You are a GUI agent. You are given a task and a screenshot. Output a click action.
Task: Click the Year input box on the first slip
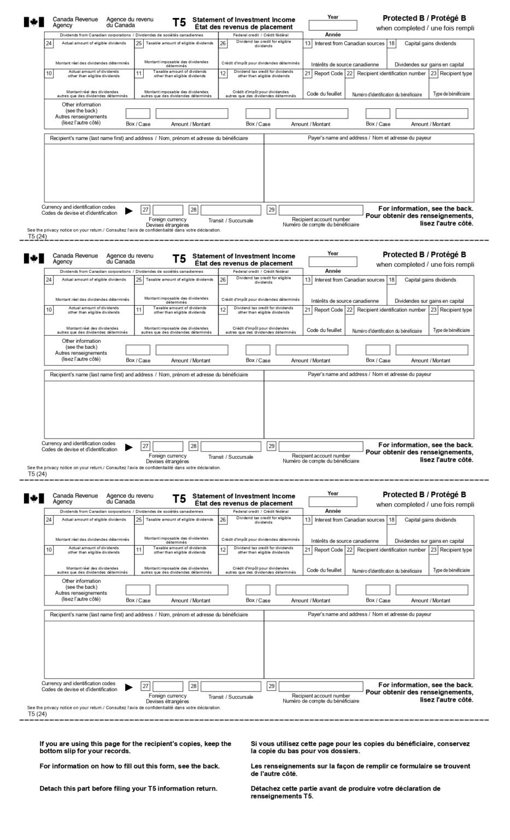pyautogui.click(x=332, y=25)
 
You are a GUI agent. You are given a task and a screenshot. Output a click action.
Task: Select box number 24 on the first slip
pyautogui.click(x=49, y=44)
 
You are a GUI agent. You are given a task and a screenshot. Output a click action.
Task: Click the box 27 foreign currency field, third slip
pyautogui.click(x=168, y=686)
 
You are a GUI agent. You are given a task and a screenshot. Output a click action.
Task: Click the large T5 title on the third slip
pyautogui.click(x=179, y=499)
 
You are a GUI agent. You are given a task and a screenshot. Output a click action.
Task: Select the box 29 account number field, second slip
pyautogui.click(x=321, y=446)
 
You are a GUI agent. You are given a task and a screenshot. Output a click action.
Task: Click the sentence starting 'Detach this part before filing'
pyautogui.click(x=128, y=789)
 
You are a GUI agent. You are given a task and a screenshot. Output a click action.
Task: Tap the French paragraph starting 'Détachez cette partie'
pyautogui.click(x=345, y=792)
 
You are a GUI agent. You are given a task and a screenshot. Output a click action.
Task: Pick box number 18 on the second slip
pyautogui.click(x=392, y=280)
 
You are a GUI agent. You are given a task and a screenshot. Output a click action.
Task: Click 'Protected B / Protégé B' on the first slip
pyautogui.click(x=424, y=18)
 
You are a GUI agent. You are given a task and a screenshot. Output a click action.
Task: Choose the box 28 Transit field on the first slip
pyautogui.click(x=231, y=210)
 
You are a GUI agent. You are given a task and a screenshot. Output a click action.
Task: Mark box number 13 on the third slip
pyautogui.click(x=308, y=520)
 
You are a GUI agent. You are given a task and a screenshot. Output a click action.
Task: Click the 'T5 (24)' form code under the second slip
pyautogui.click(x=38, y=474)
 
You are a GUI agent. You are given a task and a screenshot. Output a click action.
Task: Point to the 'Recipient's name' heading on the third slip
pyautogui.click(x=149, y=615)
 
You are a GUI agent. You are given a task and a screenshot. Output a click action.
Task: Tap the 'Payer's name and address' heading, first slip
pyautogui.click(x=370, y=138)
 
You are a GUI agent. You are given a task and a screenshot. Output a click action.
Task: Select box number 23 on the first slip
pyautogui.click(x=433, y=74)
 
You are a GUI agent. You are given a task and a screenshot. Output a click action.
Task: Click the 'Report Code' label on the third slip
pyautogui.click(x=329, y=550)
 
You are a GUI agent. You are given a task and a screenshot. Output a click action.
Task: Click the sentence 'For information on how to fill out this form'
pyautogui.click(x=130, y=766)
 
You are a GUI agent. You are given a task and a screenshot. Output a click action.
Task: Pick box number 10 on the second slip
pyautogui.click(x=49, y=310)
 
